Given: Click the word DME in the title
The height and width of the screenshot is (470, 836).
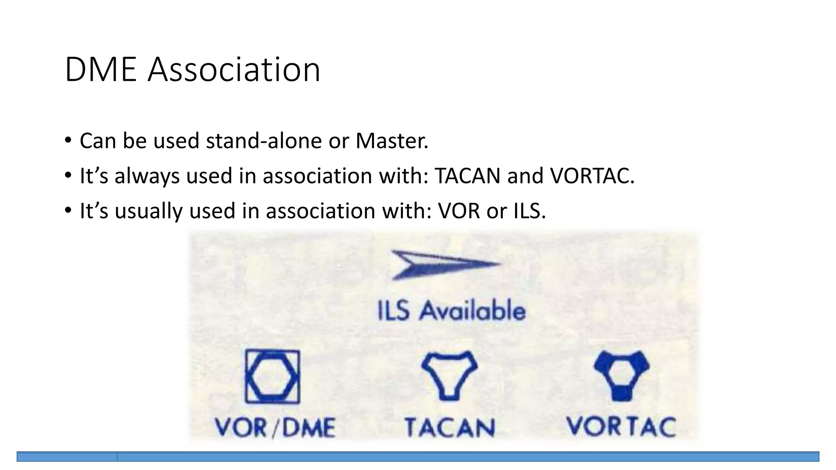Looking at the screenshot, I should tap(100, 70).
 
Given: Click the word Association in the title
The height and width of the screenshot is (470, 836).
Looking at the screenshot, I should tap(234, 70).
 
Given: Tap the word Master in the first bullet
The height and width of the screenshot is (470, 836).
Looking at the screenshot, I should tap(391, 141).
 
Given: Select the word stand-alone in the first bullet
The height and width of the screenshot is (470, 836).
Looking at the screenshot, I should tap(264, 141).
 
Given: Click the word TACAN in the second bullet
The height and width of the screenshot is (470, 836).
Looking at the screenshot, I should tap(467, 176).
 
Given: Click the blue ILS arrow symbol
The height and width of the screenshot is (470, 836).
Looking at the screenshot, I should tap(445, 264).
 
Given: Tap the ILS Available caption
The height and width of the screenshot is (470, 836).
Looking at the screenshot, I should tap(451, 311).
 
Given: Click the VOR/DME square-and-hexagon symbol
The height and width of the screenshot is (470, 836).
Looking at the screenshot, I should tap(272, 377).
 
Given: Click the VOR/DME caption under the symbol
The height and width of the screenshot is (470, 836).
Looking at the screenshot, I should tap(275, 428).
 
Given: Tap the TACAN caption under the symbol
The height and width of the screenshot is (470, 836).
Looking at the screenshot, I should tap(450, 428).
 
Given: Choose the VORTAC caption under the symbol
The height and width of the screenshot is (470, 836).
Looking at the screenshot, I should tap(621, 427).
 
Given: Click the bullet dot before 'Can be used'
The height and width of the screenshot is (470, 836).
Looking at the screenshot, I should tap(68, 141).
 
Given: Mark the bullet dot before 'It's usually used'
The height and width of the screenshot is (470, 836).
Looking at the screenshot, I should tap(68, 211).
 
